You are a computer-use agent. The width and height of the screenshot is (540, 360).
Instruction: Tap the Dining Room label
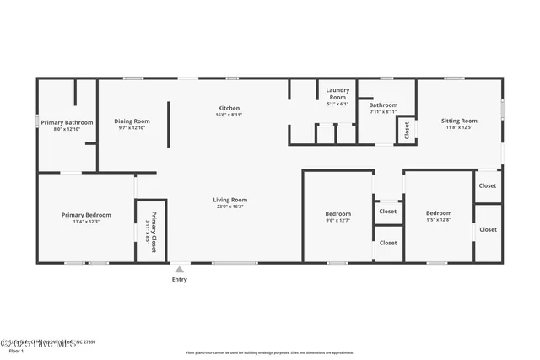pyautogui.click(x=132, y=121)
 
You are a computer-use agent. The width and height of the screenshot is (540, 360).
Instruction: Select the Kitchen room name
pyautogui.click(x=229, y=108)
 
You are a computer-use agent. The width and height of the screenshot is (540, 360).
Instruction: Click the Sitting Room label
pyautogui.click(x=459, y=121)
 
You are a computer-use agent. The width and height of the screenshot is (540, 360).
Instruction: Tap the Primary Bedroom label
pyautogui.click(x=86, y=215)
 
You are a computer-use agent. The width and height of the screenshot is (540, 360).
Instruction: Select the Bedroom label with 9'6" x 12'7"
pyautogui.click(x=337, y=214)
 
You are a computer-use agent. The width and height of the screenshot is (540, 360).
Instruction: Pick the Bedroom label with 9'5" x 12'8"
pyautogui.click(x=439, y=214)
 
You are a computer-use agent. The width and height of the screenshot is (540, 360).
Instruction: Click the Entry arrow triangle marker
pyautogui.click(x=179, y=270)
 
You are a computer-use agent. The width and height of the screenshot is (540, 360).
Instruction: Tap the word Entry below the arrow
pyautogui.click(x=180, y=279)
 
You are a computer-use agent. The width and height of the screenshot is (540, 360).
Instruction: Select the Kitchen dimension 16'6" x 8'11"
pyautogui.click(x=229, y=115)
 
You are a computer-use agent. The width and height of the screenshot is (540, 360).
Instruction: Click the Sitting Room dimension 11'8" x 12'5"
pyautogui.click(x=459, y=127)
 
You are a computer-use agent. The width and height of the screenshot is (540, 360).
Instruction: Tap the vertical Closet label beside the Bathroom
pyautogui.click(x=407, y=130)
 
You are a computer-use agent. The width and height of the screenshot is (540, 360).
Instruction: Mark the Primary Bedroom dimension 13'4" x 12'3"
pyautogui.click(x=86, y=222)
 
